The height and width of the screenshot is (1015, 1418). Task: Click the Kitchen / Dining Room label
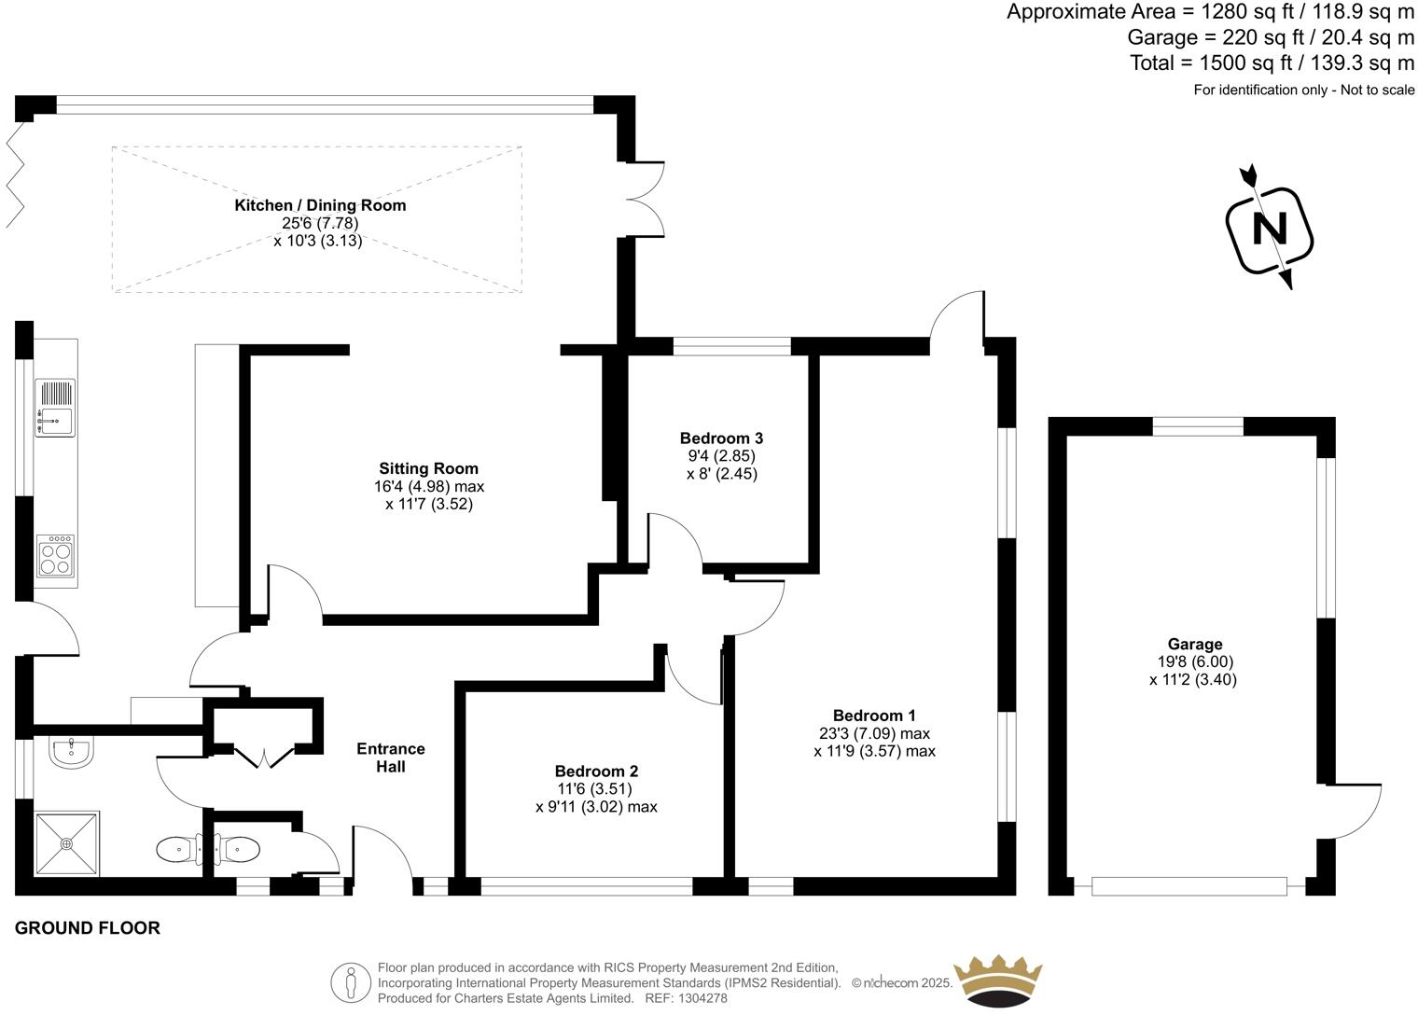[320, 205]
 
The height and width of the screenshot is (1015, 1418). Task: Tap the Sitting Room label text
[428, 469]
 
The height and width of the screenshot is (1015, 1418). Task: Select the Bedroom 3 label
[721, 438]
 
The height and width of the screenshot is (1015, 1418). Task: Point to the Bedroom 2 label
[596, 772]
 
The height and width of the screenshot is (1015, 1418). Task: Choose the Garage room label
[1194, 645]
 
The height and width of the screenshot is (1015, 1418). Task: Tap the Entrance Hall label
[391, 758]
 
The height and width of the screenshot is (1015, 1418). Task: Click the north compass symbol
[1269, 229]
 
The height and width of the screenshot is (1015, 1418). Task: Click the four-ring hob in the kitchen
[55, 556]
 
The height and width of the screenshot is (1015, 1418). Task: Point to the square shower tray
[66, 843]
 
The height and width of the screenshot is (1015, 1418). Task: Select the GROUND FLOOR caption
[88, 928]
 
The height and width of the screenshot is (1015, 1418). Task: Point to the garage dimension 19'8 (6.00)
[1194, 662]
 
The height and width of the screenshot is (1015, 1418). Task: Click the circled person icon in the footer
[352, 982]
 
